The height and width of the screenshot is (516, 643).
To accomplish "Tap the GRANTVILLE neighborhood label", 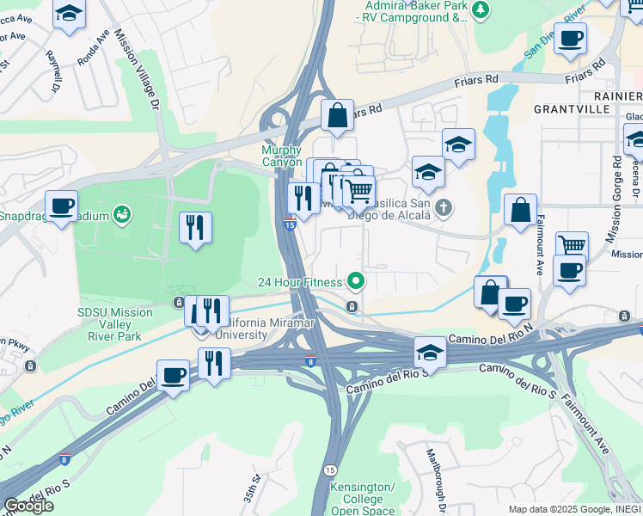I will point(572,109).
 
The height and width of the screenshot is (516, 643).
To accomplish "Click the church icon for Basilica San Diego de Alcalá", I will point(444,207).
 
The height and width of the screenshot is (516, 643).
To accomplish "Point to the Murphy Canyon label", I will point(282,155).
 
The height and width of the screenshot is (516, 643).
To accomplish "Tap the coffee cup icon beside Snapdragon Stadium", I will point(62,206).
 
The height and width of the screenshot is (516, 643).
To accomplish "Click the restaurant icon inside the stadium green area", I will point(195,228).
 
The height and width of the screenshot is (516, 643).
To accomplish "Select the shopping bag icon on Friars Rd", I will point(338,114).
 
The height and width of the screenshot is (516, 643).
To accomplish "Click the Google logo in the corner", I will point(28,506).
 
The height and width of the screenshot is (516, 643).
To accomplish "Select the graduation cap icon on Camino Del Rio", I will point(430,353).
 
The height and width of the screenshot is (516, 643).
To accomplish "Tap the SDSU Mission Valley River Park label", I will point(114,319).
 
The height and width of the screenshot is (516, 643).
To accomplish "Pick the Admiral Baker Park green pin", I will point(481,9).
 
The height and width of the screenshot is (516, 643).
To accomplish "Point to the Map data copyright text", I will point(573,509).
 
